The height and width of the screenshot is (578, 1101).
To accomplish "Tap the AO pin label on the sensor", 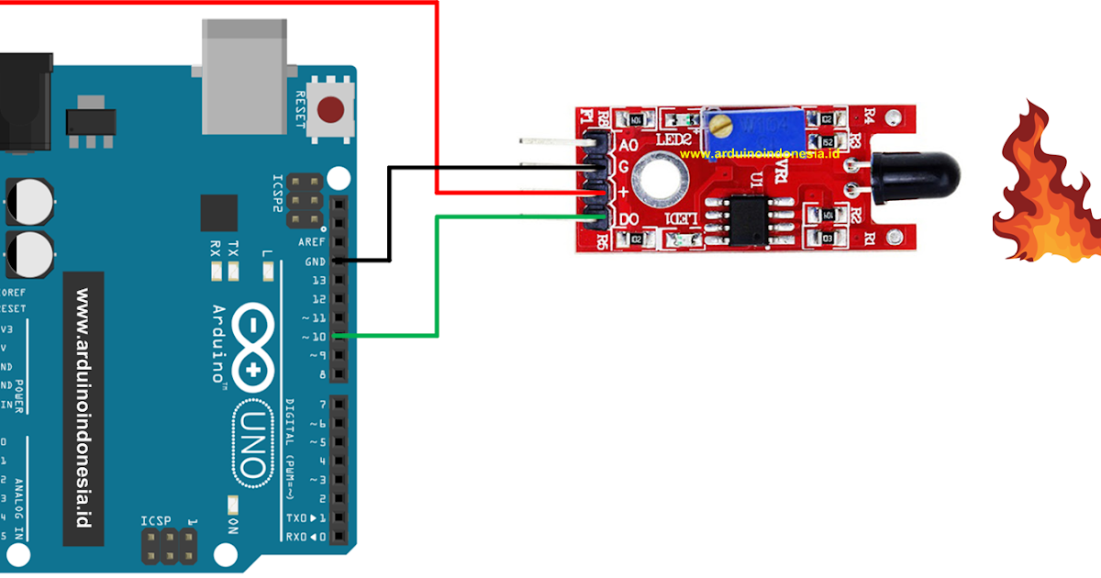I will click(628, 145).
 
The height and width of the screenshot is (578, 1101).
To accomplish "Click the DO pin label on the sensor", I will click(628, 220).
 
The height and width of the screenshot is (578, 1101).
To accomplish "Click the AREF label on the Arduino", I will click(312, 242).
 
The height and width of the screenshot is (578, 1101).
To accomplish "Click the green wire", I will click(437, 275).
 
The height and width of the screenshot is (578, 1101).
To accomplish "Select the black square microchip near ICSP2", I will click(218, 213).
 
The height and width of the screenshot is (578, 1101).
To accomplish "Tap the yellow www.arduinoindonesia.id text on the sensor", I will click(761, 155).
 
